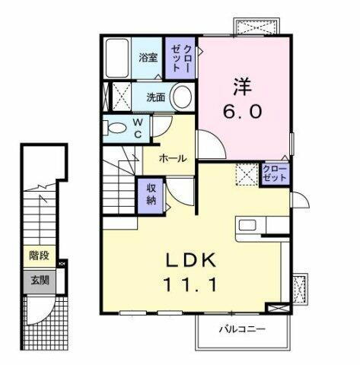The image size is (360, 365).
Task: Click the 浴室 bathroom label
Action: point(148,57)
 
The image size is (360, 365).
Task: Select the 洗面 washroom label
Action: point(155,97)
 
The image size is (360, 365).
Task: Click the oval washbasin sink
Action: point(180,97)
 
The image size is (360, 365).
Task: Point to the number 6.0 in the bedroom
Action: point(244,111)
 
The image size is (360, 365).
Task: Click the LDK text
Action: point(193,260)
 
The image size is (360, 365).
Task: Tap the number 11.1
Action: point(193,286)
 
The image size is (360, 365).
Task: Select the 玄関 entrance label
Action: point(38,280)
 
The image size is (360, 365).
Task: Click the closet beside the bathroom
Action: point(180,57)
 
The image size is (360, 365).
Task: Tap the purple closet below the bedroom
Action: point(274,172)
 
